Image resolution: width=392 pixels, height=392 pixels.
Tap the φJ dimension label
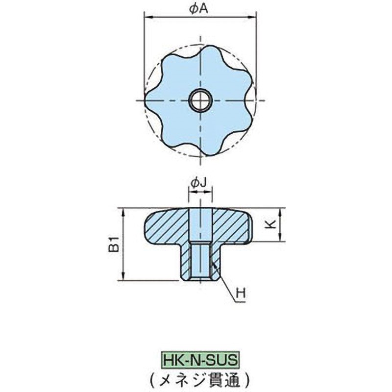[x=199, y=183]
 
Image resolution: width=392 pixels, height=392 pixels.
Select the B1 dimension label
[x=114, y=244]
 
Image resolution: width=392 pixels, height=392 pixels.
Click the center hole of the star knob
[x=199, y=101]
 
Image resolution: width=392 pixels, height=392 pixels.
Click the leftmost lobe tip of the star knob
[x=148, y=100]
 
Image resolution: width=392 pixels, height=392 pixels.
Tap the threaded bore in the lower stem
[x=200, y=262]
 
